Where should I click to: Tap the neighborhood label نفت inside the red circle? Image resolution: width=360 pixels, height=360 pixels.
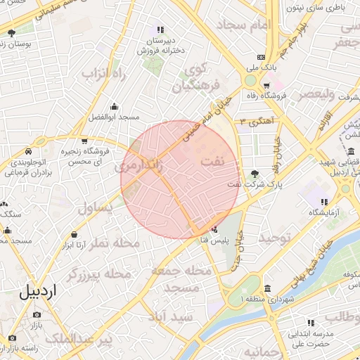click(212, 162)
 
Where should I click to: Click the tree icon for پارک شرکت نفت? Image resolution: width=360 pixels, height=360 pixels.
click(254, 173)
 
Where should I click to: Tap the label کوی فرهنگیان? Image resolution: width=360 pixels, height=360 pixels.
click(191, 79)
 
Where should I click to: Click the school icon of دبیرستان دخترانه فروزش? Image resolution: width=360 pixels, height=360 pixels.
click(160, 30)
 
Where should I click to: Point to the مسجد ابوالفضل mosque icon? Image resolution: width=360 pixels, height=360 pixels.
click(114, 105)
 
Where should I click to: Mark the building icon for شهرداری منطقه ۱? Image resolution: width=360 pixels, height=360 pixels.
click(267, 289)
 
